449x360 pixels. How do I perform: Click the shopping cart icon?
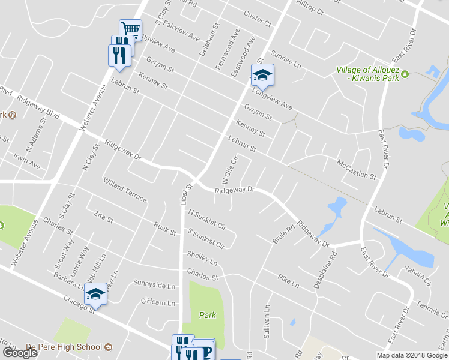[130, 29]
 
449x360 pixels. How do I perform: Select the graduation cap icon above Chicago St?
[95, 293]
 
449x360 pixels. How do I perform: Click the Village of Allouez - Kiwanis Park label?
[368, 73]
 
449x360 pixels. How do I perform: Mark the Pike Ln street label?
[288, 279]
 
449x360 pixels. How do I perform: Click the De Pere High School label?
[64, 347]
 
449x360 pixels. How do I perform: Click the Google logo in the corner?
[20, 352]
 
